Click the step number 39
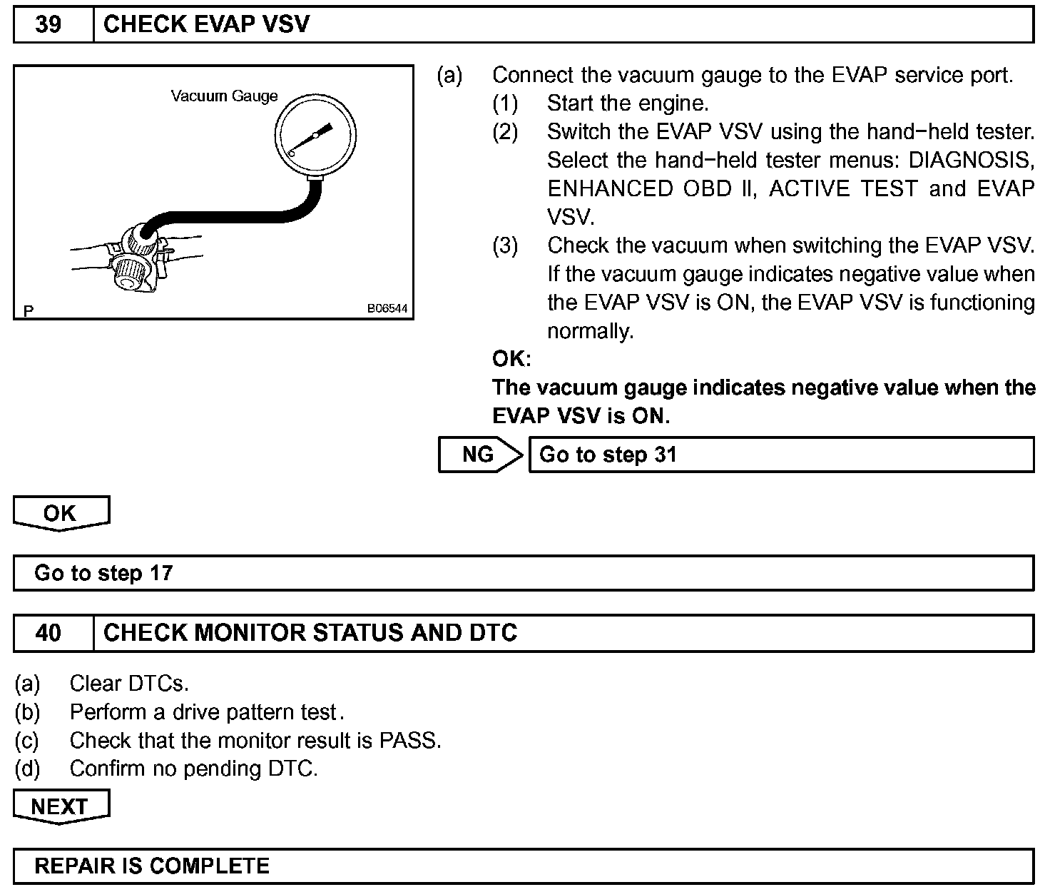click(49, 25)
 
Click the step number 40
click(49, 633)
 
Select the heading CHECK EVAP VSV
click(206, 25)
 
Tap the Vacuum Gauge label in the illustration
click(224, 96)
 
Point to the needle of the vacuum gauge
click(314, 137)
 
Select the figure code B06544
click(387, 309)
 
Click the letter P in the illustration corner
click(29, 310)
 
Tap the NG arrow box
click(479, 455)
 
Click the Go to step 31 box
click(780, 455)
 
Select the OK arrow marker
click(60, 513)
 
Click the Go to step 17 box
click(524, 573)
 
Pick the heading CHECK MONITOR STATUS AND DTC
click(310, 633)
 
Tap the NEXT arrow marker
click(60, 806)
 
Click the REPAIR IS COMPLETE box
click(524, 866)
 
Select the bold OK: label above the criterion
click(511, 358)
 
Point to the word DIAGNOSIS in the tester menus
click(971, 160)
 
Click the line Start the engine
click(628, 103)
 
